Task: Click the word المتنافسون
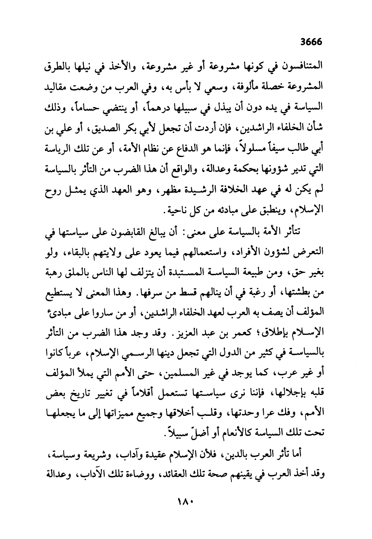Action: click(x=300, y=66)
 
